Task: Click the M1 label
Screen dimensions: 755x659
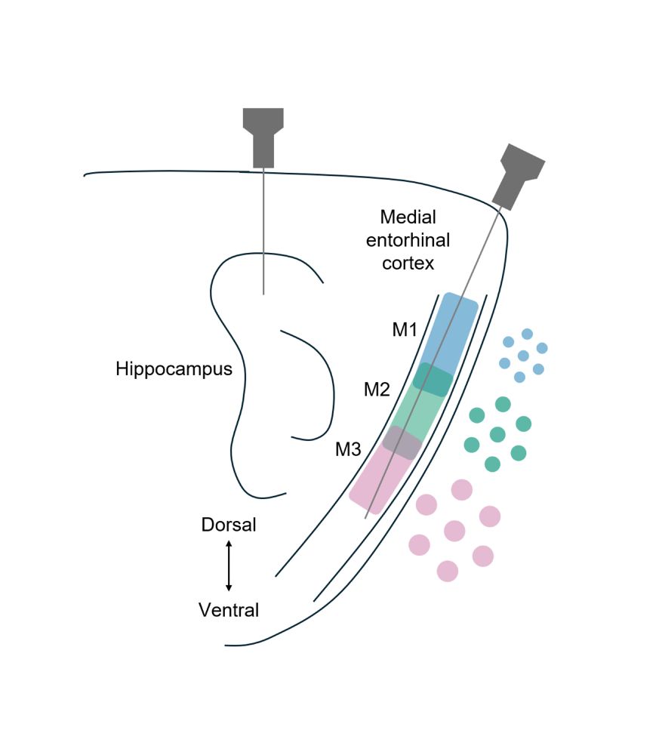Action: pyautogui.click(x=405, y=330)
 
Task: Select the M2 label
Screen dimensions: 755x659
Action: pyautogui.click(x=377, y=390)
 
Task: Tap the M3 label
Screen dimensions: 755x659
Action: pyautogui.click(x=349, y=450)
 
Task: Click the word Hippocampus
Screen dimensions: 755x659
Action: pyautogui.click(x=174, y=369)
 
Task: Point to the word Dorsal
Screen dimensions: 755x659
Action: pyautogui.click(x=229, y=525)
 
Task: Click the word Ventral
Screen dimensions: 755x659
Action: pyautogui.click(x=229, y=609)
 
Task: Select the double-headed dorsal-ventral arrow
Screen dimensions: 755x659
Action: pyautogui.click(x=229, y=566)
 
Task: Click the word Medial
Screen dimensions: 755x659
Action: pyautogui.click(x=408, y=217)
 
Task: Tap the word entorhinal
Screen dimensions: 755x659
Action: pyautogui.click(x=408, y=240)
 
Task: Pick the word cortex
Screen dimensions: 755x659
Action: pyautogui.click(x=408, y=263)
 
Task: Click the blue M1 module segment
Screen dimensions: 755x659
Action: pyautogui.click(x=450, y=331)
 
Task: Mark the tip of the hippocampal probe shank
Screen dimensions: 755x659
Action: pyautogui.click(x=263, y=293)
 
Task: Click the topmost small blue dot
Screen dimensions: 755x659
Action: pyautogui.click(x=527, y=334)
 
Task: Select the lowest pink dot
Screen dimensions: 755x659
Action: pyautogui.click(x=448, y=571)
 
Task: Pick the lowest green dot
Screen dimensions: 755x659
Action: pyautogui.click(x=492, y=464)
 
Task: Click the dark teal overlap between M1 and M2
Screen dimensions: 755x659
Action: pyautogui.click(x=433, y=380)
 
